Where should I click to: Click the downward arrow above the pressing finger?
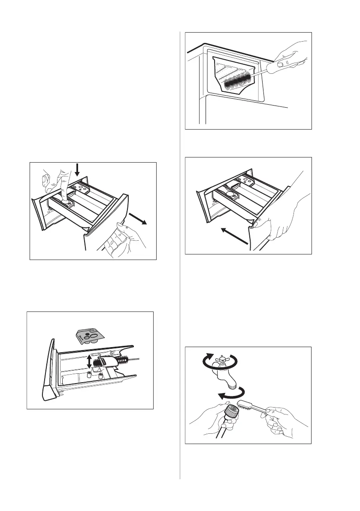tap(77, 171)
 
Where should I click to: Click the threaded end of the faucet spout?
tap(230, 384)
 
